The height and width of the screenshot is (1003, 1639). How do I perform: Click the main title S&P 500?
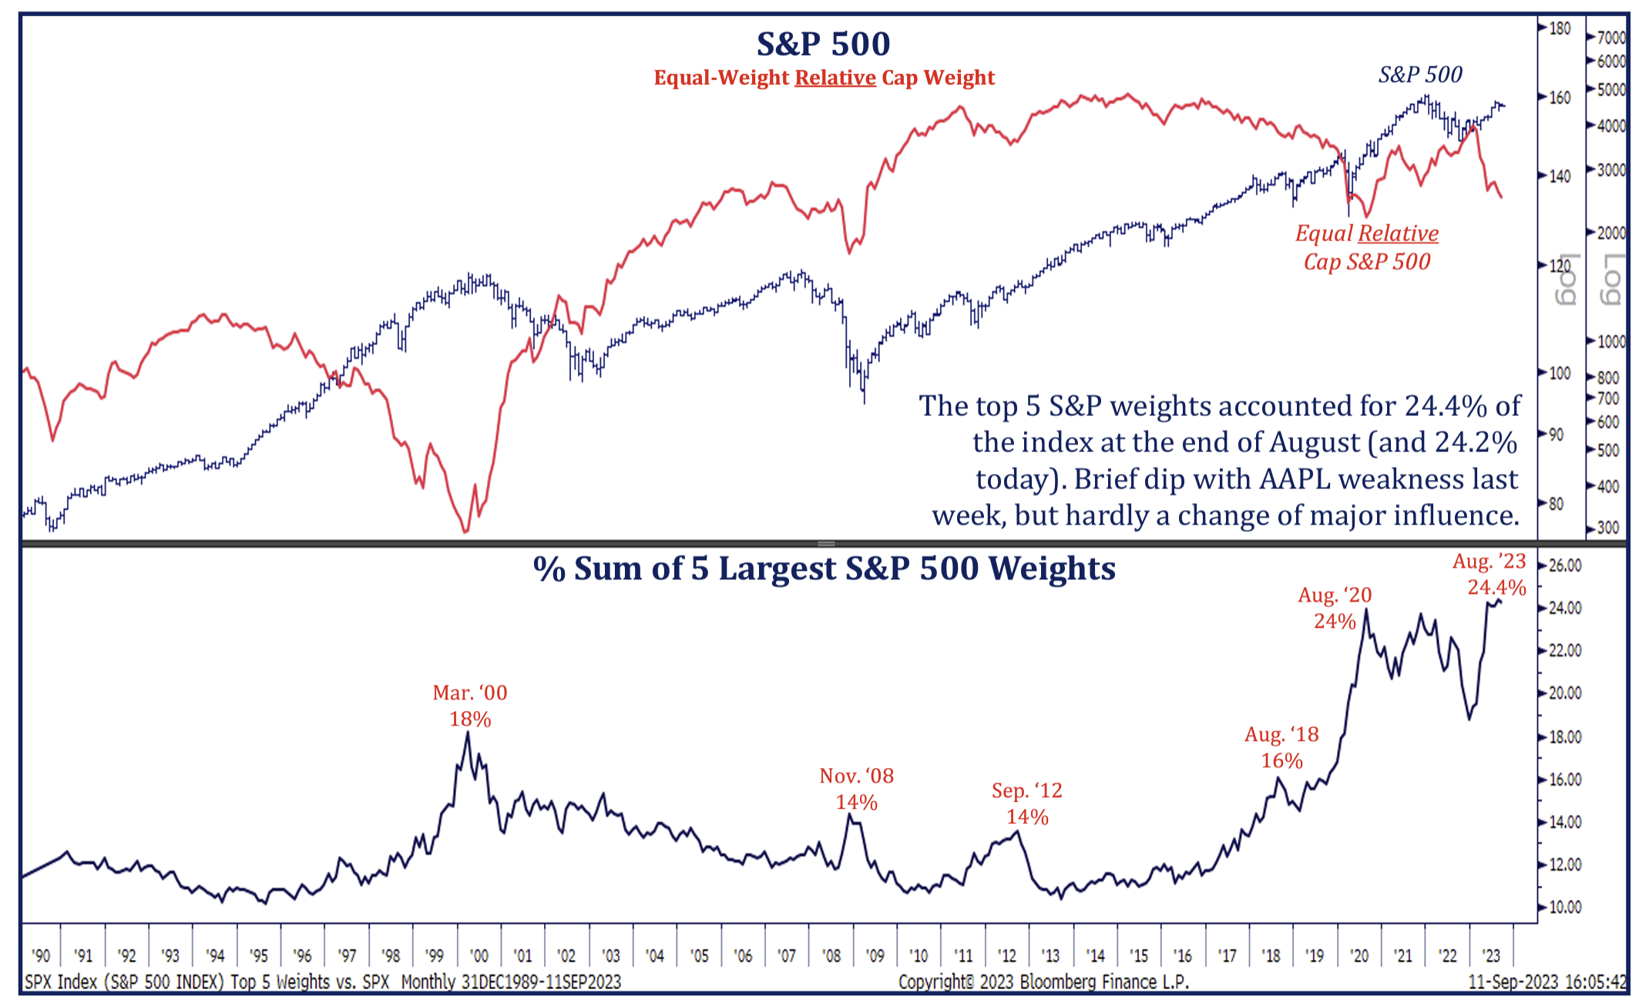(x=823, y=44)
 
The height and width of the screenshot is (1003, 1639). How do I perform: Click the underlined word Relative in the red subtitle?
(x=835, y=78)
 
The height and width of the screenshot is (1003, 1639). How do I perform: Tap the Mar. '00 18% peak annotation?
(x=470, y=706)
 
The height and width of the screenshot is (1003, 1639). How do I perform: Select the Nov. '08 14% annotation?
(x=857, y=789)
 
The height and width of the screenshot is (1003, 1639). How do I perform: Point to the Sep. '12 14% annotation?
(x=1027, y=803)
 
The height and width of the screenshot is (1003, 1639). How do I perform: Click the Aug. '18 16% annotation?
(x=1281, y=747)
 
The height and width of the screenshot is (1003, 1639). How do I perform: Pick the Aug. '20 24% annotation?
(x=1335, y=608)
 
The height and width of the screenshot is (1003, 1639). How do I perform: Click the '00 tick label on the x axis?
(x=479, y=956)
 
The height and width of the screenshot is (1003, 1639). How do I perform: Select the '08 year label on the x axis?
(x=831, y=956)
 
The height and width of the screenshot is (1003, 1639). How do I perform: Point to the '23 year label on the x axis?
(x=1490, y=956)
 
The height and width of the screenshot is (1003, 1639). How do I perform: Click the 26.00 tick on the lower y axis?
(x=1564, y=565)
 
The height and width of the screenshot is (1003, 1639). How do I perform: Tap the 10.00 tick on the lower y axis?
(x=1564, y=907)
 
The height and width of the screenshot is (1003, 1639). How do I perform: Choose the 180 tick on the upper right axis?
(x=1560, y=29)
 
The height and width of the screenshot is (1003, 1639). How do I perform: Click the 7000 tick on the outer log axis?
(x=1611, y=37)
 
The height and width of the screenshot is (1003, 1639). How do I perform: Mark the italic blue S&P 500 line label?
(x=1419, y=75)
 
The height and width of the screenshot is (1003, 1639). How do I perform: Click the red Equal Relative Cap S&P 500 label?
(x=1367, y=247)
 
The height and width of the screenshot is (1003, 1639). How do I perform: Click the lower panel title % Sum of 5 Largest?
(x=824, y=569)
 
